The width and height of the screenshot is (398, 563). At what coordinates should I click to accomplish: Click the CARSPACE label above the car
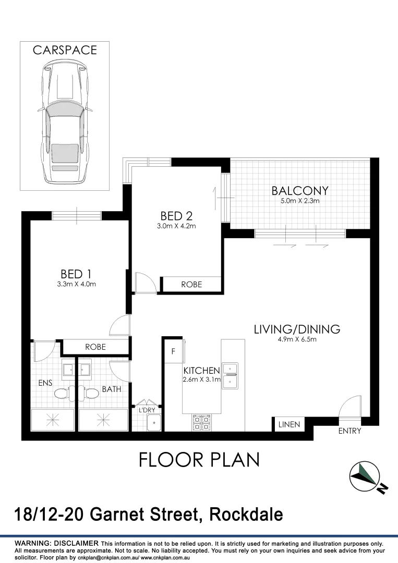pyautogui.click(x=65, y=50)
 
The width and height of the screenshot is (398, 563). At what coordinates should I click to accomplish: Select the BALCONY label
pyautogui.click(x=300, y=190)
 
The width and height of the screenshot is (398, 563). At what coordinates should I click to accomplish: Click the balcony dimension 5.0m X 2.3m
pyautogui.click(x=300, y=201)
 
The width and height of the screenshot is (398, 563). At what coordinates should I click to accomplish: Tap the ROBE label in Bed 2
pyautogui.click(x=191, y=285)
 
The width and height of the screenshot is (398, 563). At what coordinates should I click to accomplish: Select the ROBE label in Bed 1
pyautogui.click(x=95, y=347)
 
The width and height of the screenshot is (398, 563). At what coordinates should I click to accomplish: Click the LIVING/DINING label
pyautogui.click(x=296, y=329)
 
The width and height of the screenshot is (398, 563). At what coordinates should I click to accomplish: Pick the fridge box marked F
pyautogui.click(x=173, y=352)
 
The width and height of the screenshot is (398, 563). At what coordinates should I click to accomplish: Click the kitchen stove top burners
pyautogui.click(x=201, y=422)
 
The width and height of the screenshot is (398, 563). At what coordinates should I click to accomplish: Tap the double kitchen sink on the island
pyautogui.click(x=230, y=375)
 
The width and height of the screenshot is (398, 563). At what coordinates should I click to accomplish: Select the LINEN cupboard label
pyautogui.click(x=289, y=424)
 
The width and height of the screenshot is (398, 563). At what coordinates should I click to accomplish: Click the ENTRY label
pyautogui.click(x=349, y=431)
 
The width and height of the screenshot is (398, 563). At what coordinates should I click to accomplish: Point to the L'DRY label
pyautogui.click(x=147, y=410)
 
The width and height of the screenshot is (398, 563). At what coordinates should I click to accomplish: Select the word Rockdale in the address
pyautogui.click(x=246, y=515)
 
